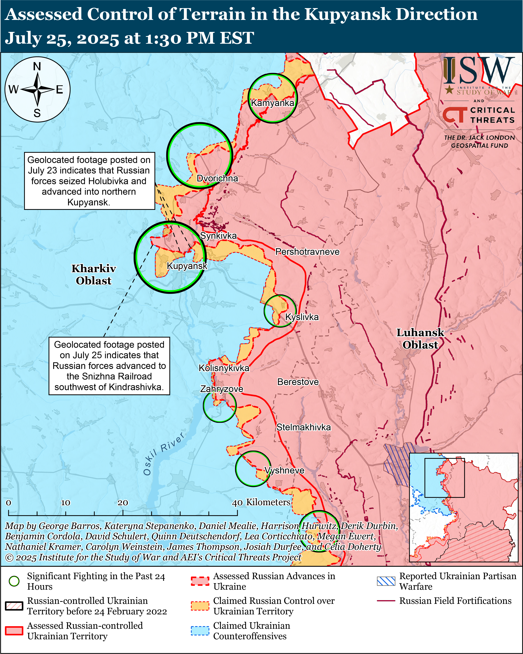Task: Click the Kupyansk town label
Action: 187,266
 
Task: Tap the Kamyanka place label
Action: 272,103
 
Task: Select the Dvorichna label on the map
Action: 217,178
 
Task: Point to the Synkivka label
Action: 218,236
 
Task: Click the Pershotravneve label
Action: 307,252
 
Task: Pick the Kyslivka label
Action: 302,317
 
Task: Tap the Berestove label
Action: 298,382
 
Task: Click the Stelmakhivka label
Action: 303,427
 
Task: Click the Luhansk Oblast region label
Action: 420,339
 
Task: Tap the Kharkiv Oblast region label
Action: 94,275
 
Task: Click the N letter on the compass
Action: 37,66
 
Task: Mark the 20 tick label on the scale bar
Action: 123,503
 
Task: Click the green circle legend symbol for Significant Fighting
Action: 14,581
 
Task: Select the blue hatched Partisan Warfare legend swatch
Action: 386,581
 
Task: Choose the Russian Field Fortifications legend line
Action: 386,601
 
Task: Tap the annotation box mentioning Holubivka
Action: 89,181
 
